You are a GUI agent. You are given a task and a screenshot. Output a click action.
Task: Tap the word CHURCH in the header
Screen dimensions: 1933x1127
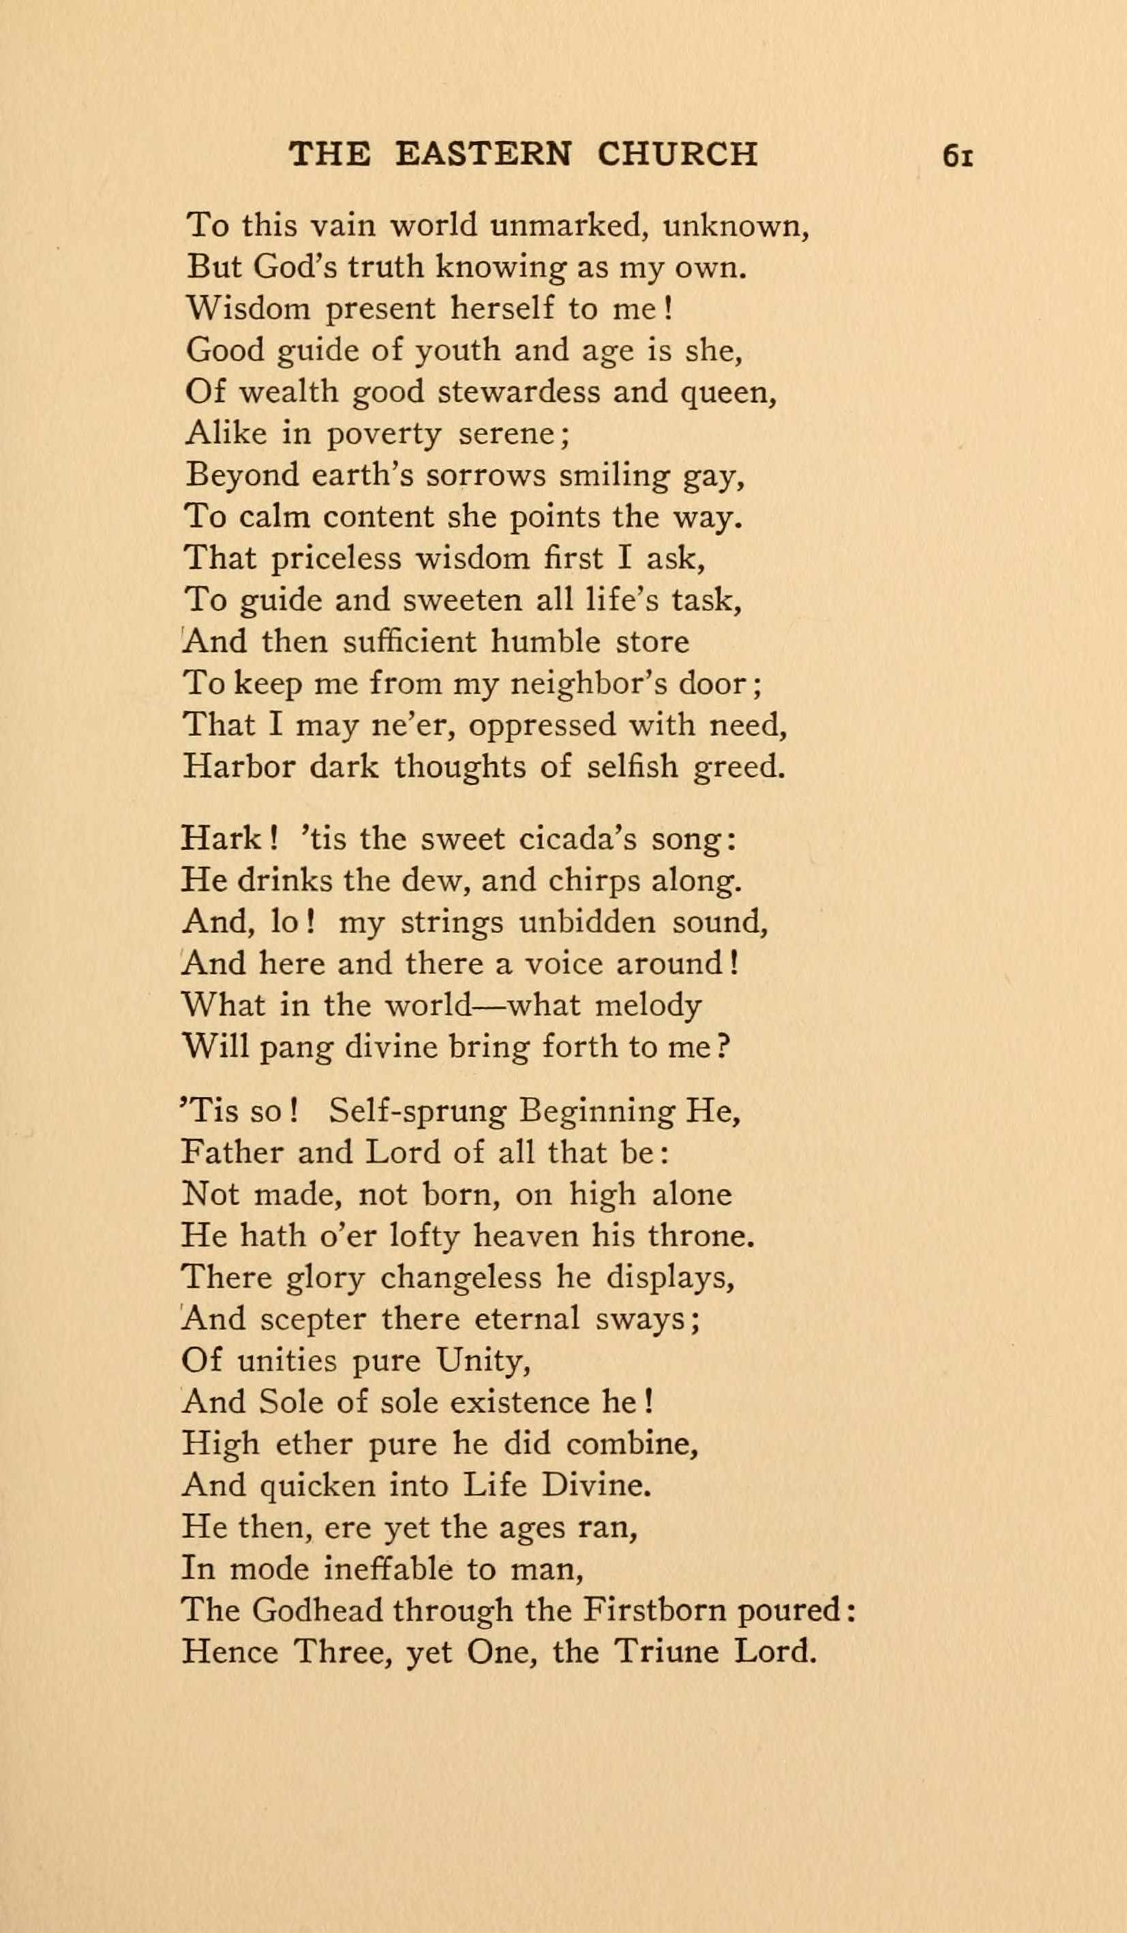[x=677, y=154]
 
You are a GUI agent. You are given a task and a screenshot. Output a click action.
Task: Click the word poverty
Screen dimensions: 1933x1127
[x=384, y=435]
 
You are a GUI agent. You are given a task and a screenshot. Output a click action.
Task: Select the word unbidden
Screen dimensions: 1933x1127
[x=587, y=921]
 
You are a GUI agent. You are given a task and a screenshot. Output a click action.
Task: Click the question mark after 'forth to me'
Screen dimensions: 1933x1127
[x=721, y=1046]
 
